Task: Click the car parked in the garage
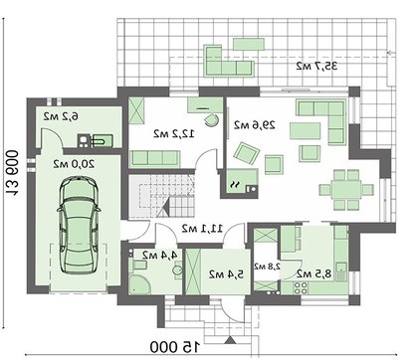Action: (79, 225)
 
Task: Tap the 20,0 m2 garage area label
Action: (74, 164)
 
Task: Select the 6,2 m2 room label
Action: (62, 116)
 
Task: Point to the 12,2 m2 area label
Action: (174, 133)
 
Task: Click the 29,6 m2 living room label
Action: (255, 125)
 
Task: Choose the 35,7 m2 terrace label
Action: (316, 66)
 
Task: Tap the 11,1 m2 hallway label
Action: (202, 228)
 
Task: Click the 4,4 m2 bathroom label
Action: (159, 255)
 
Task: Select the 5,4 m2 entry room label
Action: (226, 274)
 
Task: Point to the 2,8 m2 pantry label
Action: (268, 266)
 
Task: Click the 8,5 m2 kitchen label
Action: (314, 274)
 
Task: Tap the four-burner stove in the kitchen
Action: (301, 287)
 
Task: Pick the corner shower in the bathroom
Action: (139, 284)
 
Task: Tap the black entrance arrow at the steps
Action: (230, 340)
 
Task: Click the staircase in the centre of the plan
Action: (161, 196)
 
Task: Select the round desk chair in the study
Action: (211, 120)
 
